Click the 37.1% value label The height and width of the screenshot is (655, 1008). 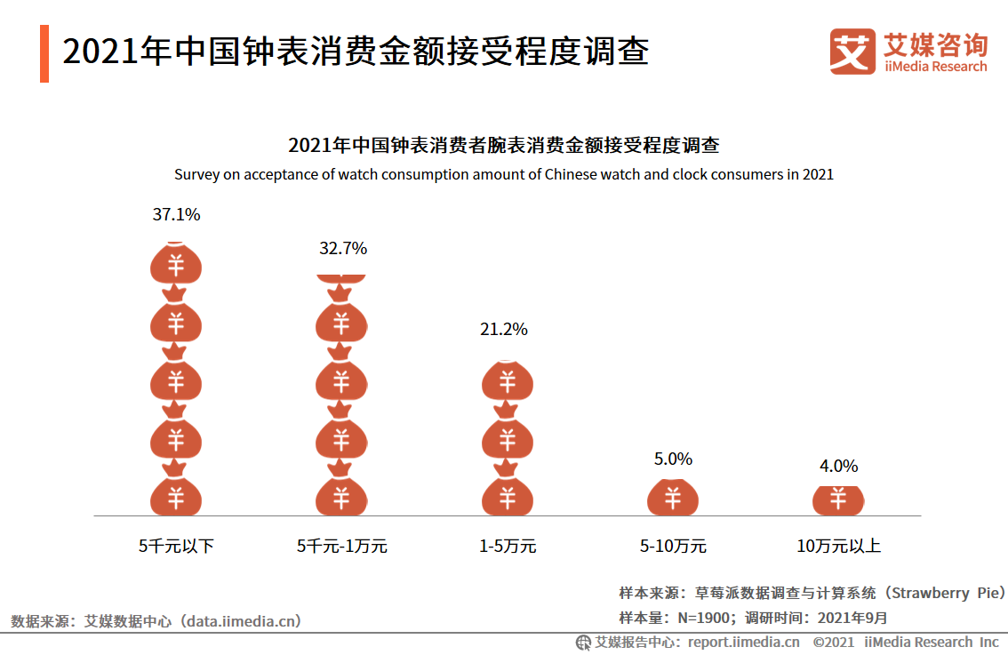click(x=176, y=214)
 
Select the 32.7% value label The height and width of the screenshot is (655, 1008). click(x=343, y=249)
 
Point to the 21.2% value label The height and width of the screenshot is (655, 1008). click(x=504, y=330)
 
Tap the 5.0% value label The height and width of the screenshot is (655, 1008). click(x=673, y=459)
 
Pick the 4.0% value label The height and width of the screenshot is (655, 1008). click(x=838, y=467)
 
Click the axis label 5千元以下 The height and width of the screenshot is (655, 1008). click(x=176, y=546)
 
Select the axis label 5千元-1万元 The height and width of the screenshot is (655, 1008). click(x=342, y=546)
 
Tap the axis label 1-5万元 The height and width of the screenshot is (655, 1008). click(x=508, y=546)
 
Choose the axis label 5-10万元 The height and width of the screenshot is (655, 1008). click(x=673, y=546)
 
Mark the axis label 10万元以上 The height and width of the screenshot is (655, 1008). click(x=838, y=546)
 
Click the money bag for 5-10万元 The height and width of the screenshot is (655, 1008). click(x=673, y=498)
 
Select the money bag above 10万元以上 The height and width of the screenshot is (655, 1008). click(x=838, y=499)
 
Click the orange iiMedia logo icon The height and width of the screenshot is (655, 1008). click(x=852, y=52)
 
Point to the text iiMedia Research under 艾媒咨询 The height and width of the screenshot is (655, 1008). click(x=935, y=67)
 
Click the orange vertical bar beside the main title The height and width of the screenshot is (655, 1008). click(x=44, y=53)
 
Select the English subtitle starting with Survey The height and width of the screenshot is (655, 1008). click(x=504, y=174)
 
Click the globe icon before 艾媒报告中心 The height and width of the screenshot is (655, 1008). click(x=584, y=642)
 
